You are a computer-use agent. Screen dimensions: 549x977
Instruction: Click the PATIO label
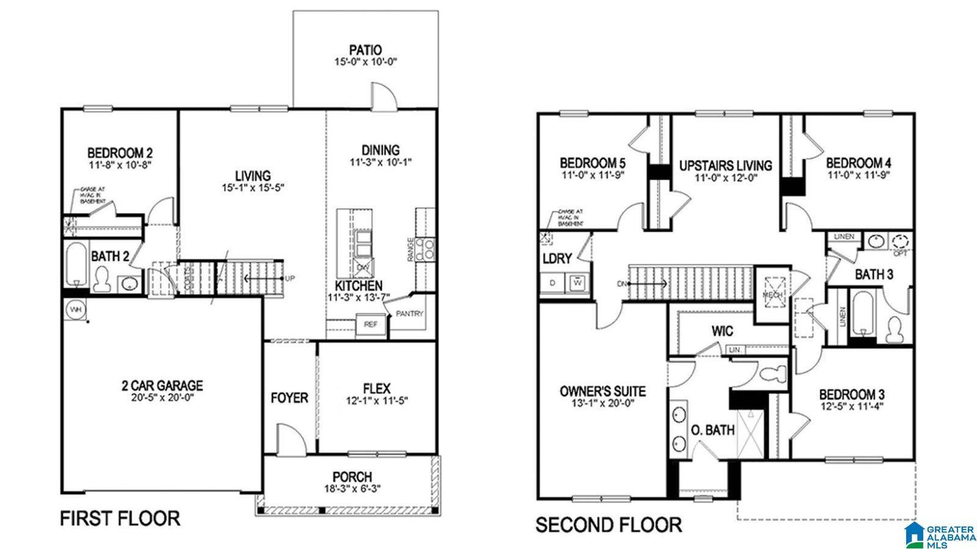[x=365, y=49]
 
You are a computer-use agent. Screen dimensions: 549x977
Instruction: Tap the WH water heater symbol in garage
[x=76, y=309]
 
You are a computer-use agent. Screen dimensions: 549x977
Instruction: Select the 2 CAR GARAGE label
[x=162, y=385]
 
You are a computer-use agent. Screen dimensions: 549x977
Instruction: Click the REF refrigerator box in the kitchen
[x=371, y=324]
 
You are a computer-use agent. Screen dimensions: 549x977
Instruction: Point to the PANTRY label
[x=410, y=313]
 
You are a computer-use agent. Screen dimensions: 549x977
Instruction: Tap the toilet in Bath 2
[x=102, y=279]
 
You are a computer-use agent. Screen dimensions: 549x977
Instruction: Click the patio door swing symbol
[x=385, y=98]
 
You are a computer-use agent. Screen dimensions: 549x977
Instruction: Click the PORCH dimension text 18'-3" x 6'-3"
[x=352, y=489]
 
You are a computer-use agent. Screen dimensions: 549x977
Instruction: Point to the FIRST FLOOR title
[x=120, y=518]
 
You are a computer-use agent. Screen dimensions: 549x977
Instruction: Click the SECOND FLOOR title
[x=608, y=524]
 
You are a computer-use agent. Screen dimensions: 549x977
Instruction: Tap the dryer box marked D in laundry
[x=553, y=283]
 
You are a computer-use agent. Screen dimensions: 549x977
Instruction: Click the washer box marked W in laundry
[x=577, y=282]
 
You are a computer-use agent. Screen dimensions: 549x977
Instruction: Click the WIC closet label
[x=722, y=332]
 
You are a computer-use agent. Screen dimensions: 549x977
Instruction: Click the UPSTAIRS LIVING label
[x=725, y=165]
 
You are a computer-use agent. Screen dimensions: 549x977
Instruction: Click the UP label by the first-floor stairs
[x=290, y=278]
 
